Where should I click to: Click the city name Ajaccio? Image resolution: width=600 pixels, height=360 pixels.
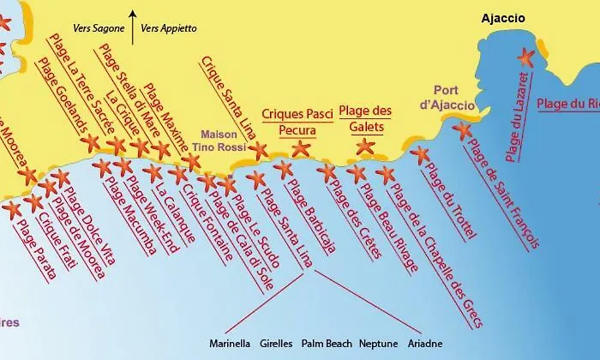pos(503,18)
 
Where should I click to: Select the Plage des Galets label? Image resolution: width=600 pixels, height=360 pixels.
pos(365,118)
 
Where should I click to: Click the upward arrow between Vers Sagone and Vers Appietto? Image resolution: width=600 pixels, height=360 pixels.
pos(132,26)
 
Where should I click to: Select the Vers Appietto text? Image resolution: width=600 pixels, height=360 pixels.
pos(168,28)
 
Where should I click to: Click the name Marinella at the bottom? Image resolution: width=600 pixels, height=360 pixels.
pos(230,344)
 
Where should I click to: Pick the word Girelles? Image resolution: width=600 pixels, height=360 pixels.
pos(276,344)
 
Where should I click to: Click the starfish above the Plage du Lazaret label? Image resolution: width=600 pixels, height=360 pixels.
pos(525,57)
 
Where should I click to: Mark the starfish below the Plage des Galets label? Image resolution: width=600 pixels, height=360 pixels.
pos(365,146)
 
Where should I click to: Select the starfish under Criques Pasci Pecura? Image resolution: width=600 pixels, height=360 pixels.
pos(301,148)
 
